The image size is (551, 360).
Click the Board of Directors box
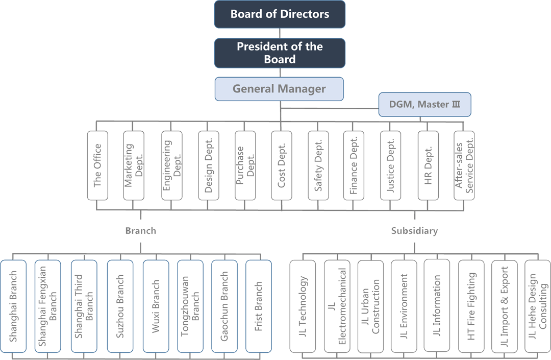click(280, 14)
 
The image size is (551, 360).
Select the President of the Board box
click(280, 53)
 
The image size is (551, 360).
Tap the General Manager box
click(279, 89)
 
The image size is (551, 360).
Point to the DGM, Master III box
click(424, 105)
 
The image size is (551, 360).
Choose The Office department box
click(97, 165)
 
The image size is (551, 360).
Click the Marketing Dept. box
click(134, 165)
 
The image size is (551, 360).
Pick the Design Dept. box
click(208, 165)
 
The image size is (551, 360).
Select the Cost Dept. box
click(282, 165)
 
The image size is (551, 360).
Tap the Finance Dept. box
click(354, 165)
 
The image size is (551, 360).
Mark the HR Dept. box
click(428, 165)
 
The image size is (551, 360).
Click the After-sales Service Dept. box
click(464, 165)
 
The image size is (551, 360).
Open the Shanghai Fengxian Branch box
click(48, 306)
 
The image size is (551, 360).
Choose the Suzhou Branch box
click(120, 306)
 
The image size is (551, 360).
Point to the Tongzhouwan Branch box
click(190, 306)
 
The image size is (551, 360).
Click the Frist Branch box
click(258, 306)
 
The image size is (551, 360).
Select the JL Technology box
click(303, 306)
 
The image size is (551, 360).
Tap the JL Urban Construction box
click(370, 306)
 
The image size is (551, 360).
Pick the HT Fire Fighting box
click(471, 306)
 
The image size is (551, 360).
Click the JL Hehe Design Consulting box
click(537, 306)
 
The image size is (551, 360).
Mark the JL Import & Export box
click(505, 306)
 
